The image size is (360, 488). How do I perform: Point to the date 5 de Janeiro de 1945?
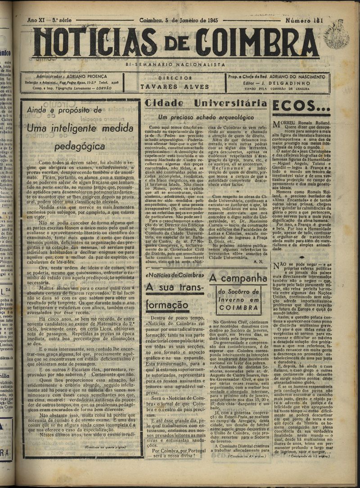[179, 20]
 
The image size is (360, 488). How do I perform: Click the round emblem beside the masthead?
[336, 35]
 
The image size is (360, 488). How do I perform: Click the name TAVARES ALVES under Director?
[175, 86]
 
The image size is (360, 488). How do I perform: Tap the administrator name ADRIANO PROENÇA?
[90, 76]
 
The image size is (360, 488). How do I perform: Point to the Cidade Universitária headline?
[206, 103]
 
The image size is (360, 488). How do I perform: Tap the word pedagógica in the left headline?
[80, 146]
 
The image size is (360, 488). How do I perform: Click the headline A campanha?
[238, 278]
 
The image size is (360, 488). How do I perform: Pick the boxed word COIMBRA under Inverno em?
[238, 308]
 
